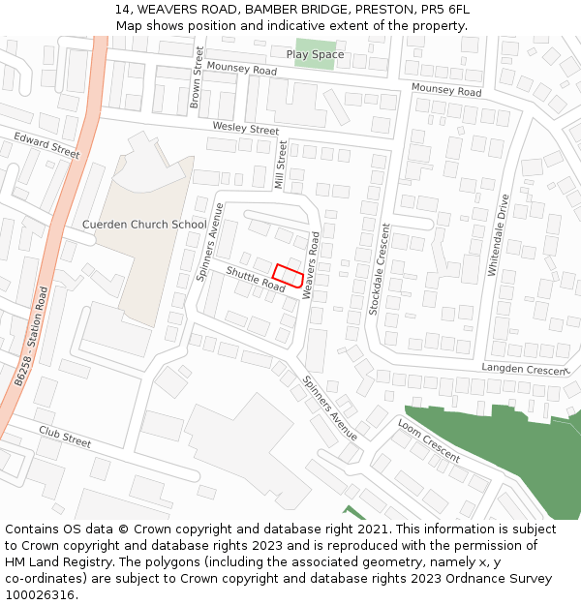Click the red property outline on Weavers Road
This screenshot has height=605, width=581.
coord(288,275)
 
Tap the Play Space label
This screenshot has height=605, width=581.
coord(315,54)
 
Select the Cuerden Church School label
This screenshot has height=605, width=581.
coord(144,225)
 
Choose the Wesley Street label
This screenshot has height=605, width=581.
coord(246,129)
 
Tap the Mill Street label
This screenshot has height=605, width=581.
coord(282,165)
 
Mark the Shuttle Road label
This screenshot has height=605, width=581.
coord(256,280)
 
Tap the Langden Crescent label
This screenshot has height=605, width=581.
coord(523,370)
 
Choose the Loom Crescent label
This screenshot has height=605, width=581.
coord(428,440)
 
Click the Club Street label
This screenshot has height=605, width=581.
coord(65,437)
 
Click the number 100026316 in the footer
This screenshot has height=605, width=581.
coord(42,594)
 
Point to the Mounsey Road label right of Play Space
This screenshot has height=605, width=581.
coord(445,91)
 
